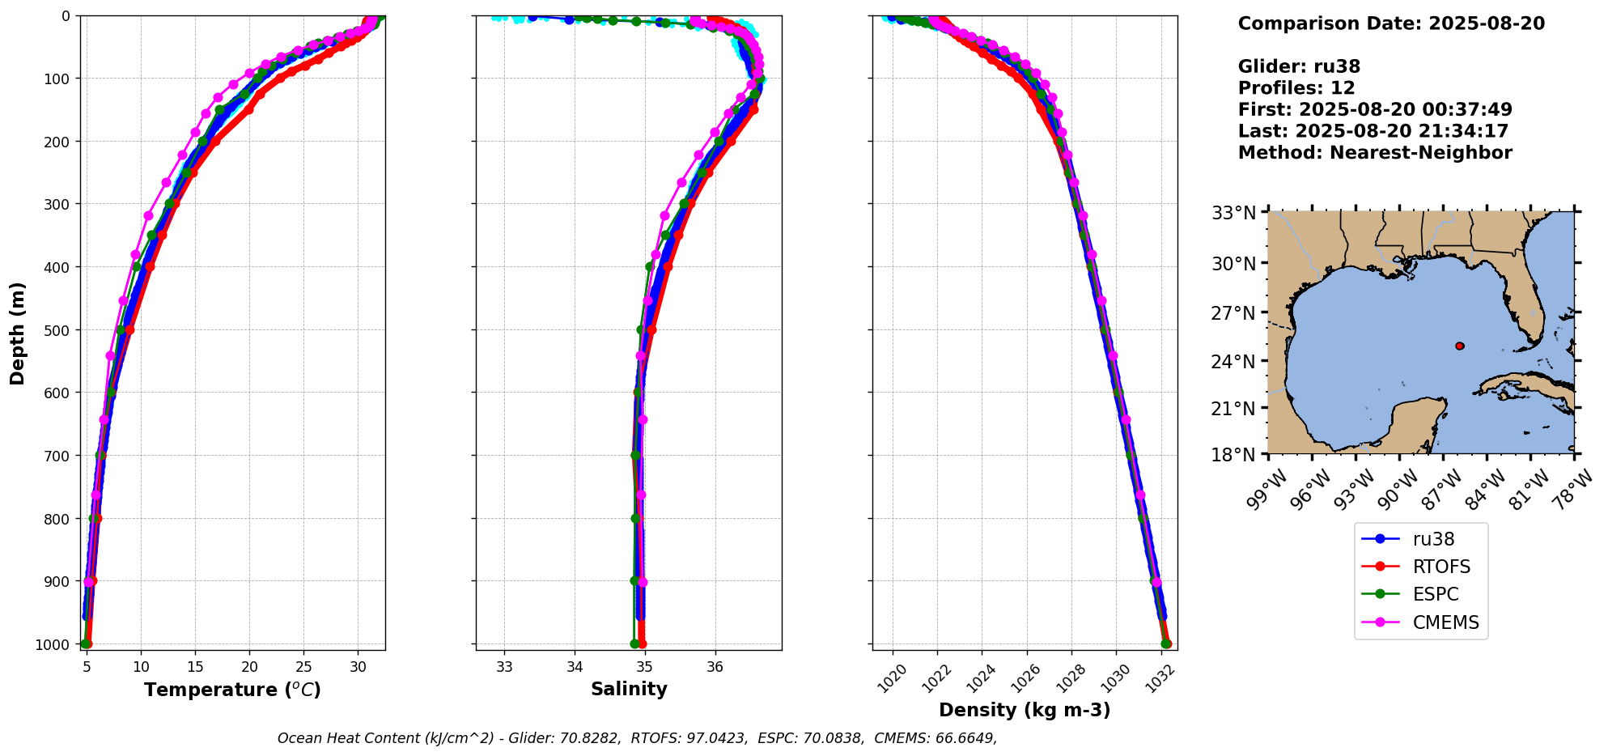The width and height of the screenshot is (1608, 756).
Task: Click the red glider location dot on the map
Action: coord(1459,346)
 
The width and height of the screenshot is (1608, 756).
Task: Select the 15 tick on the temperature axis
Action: coord(195,667)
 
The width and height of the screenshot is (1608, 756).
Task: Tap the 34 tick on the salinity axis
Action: coord(575,667)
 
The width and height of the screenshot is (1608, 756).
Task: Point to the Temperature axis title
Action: coord(232,690)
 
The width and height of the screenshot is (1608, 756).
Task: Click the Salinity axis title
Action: coord(629,690)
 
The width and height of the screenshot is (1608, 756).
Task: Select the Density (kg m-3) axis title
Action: coord(1025,711)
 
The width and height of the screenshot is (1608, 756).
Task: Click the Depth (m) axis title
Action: coord(18,333)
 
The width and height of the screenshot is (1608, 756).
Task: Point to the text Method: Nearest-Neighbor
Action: coord(1374,153)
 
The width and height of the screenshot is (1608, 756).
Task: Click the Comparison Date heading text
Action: coord(1391,23)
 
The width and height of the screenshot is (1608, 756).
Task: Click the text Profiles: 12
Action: coord(1296,88)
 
